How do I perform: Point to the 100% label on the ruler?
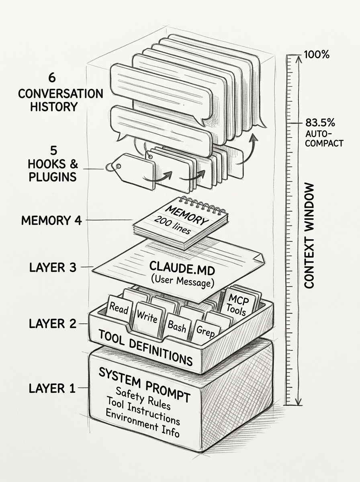pos(317,54)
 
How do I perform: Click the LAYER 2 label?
pos(52,324)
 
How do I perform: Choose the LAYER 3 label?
pos(52,267)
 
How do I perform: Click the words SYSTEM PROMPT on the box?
pos(145,380)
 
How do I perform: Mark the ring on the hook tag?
pos(110,167)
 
